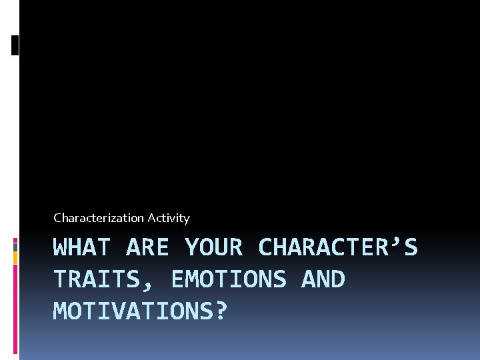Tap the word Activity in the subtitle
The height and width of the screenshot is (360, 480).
point(169,218)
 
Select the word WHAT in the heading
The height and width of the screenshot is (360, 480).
point(82,248)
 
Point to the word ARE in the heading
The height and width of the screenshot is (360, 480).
point(147,248)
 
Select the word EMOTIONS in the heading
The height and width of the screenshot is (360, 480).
point(228,280)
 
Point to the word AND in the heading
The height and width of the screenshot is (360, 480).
point(323,280)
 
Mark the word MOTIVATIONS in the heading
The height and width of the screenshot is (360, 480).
point(133,311)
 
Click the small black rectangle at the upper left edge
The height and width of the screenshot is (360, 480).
point(15,45)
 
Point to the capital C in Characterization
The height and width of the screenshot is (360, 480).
point(57,218)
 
